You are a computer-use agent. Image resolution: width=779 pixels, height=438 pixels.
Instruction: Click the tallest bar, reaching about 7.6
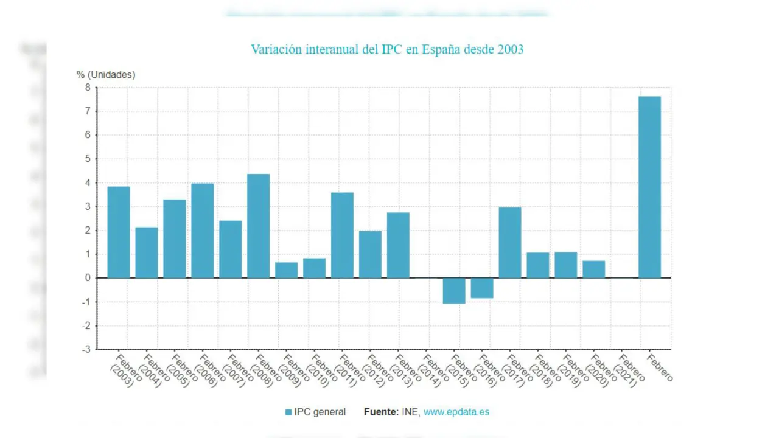[x=649, y=187]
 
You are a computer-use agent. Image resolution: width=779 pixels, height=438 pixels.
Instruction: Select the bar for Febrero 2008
[x=258, y=226]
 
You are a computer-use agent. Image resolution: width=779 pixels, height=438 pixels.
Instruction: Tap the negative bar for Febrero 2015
[x=454, y=291]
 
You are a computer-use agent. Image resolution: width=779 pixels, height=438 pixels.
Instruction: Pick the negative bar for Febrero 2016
[x=482, y=288]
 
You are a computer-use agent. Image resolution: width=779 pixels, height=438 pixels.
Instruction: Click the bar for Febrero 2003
[x=119, y=232]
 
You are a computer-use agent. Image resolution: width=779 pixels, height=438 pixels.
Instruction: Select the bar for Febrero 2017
[x=510, y=243]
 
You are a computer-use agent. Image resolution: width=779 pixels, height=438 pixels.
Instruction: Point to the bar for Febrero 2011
[x=342, y=235]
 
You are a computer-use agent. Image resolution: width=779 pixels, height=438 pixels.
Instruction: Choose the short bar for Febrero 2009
[x=286, y=270]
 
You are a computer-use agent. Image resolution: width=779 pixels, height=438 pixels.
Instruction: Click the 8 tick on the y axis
[x=88, y=88]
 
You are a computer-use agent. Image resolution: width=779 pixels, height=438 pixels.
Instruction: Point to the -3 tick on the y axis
[x=87, y=350]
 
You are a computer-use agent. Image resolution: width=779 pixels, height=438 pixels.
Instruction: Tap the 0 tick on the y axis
[x=88, y=278]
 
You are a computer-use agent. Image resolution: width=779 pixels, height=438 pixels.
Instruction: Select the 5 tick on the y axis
[x=88, y=159]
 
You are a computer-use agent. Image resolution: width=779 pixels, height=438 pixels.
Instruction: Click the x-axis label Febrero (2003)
[x=124, y=370]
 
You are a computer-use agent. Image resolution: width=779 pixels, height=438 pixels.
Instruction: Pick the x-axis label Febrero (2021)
[x=627, y=370]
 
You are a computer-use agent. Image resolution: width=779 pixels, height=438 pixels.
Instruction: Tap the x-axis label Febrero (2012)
[x=376, y=370]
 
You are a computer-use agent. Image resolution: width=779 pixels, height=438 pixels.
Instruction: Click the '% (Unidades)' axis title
[x=106, y=75]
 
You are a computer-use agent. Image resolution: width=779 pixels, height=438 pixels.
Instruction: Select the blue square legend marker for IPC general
[x=288, y=412]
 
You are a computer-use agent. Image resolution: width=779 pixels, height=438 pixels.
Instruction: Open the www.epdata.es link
[x=456, y=412]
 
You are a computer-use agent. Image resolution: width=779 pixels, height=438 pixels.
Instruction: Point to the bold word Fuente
[x=381, y=412]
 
